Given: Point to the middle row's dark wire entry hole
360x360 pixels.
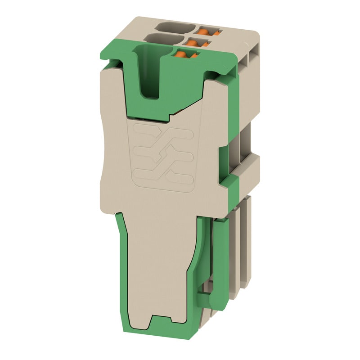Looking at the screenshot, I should click(161, 37).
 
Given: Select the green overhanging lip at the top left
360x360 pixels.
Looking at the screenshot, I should click(115, 54).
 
